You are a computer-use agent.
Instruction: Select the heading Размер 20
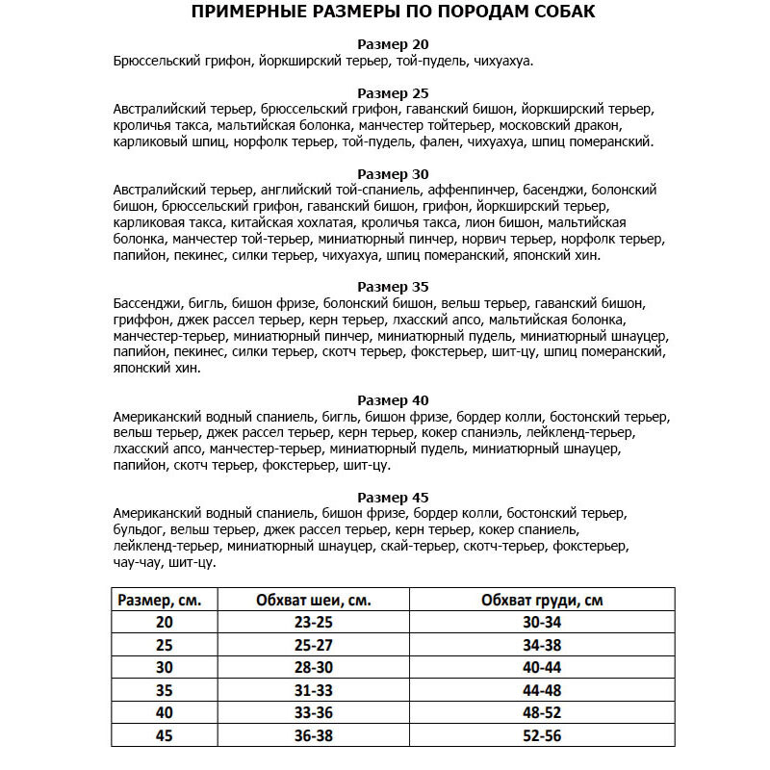[x=393, y=44]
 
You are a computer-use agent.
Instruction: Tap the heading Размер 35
[x=393, y=287]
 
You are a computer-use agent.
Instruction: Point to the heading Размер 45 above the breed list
[x=393, y=498]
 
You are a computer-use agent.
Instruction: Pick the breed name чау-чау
[x=138, y=562]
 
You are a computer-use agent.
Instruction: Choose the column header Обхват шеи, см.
[x=314, y=600]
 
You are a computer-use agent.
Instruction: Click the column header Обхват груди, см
[x=542, y=600]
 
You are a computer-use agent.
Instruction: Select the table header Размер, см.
[x=159, y=600]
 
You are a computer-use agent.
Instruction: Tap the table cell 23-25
[x=313, y=622]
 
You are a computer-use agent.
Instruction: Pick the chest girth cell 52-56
[x=541, y=735]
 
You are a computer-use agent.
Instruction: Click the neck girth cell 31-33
[x=313, y=690]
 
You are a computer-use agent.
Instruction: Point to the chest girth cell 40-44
[x=541, y=667]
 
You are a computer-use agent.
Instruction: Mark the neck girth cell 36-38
[x=313, y=735]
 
